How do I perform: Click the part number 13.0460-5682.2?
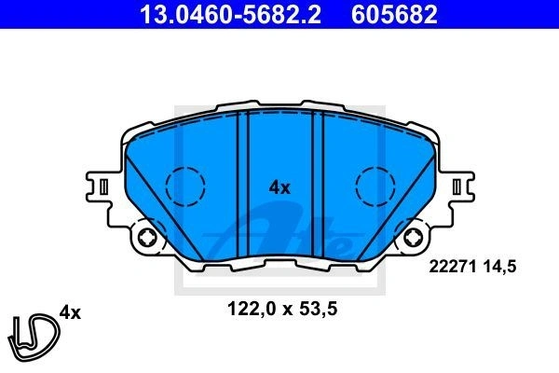[230, 14]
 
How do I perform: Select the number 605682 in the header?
[394, 14]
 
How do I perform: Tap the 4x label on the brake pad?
[279, 187]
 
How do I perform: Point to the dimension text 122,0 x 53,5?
[282, 309]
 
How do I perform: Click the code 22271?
[453, 267]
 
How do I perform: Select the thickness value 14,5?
[499, 267]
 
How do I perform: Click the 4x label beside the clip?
[70, 312]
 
